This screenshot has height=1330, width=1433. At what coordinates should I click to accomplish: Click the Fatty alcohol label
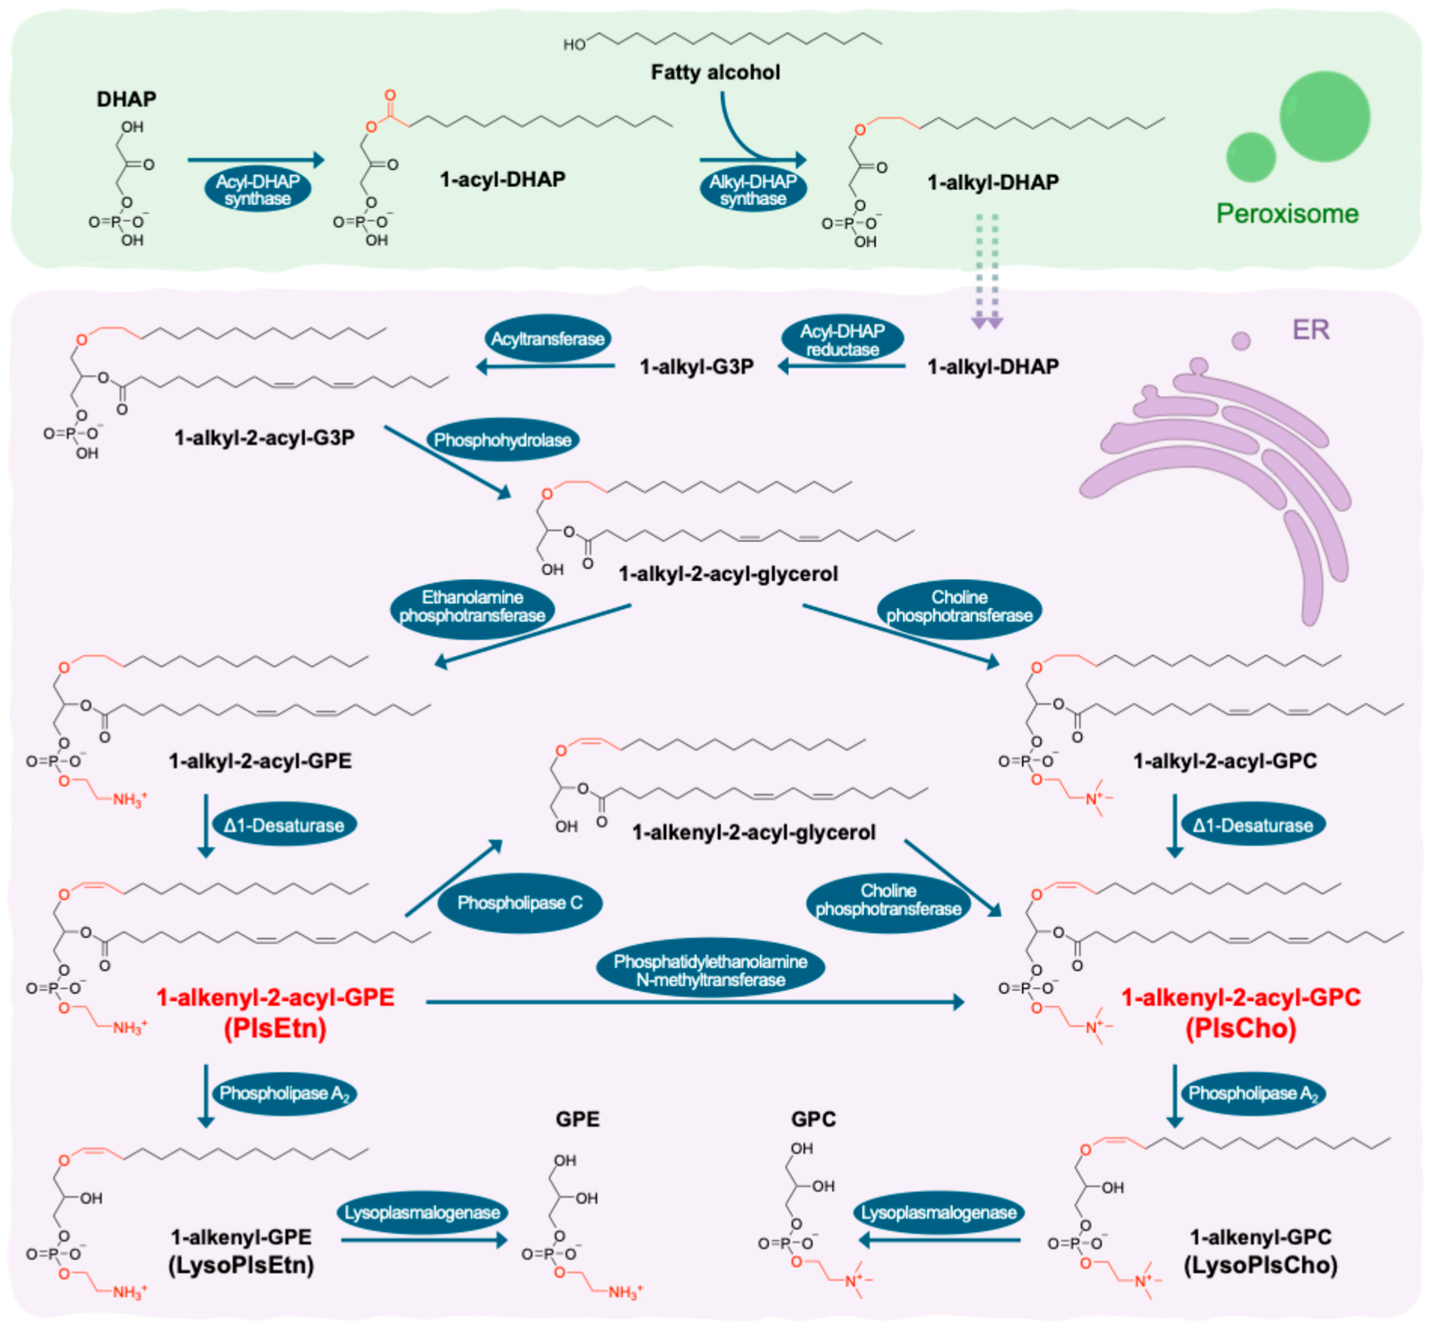[715, 72]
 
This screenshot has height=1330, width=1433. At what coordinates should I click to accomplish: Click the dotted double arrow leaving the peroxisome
[986, 270]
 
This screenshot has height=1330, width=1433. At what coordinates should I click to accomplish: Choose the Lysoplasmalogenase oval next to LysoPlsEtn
[422, 1213]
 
